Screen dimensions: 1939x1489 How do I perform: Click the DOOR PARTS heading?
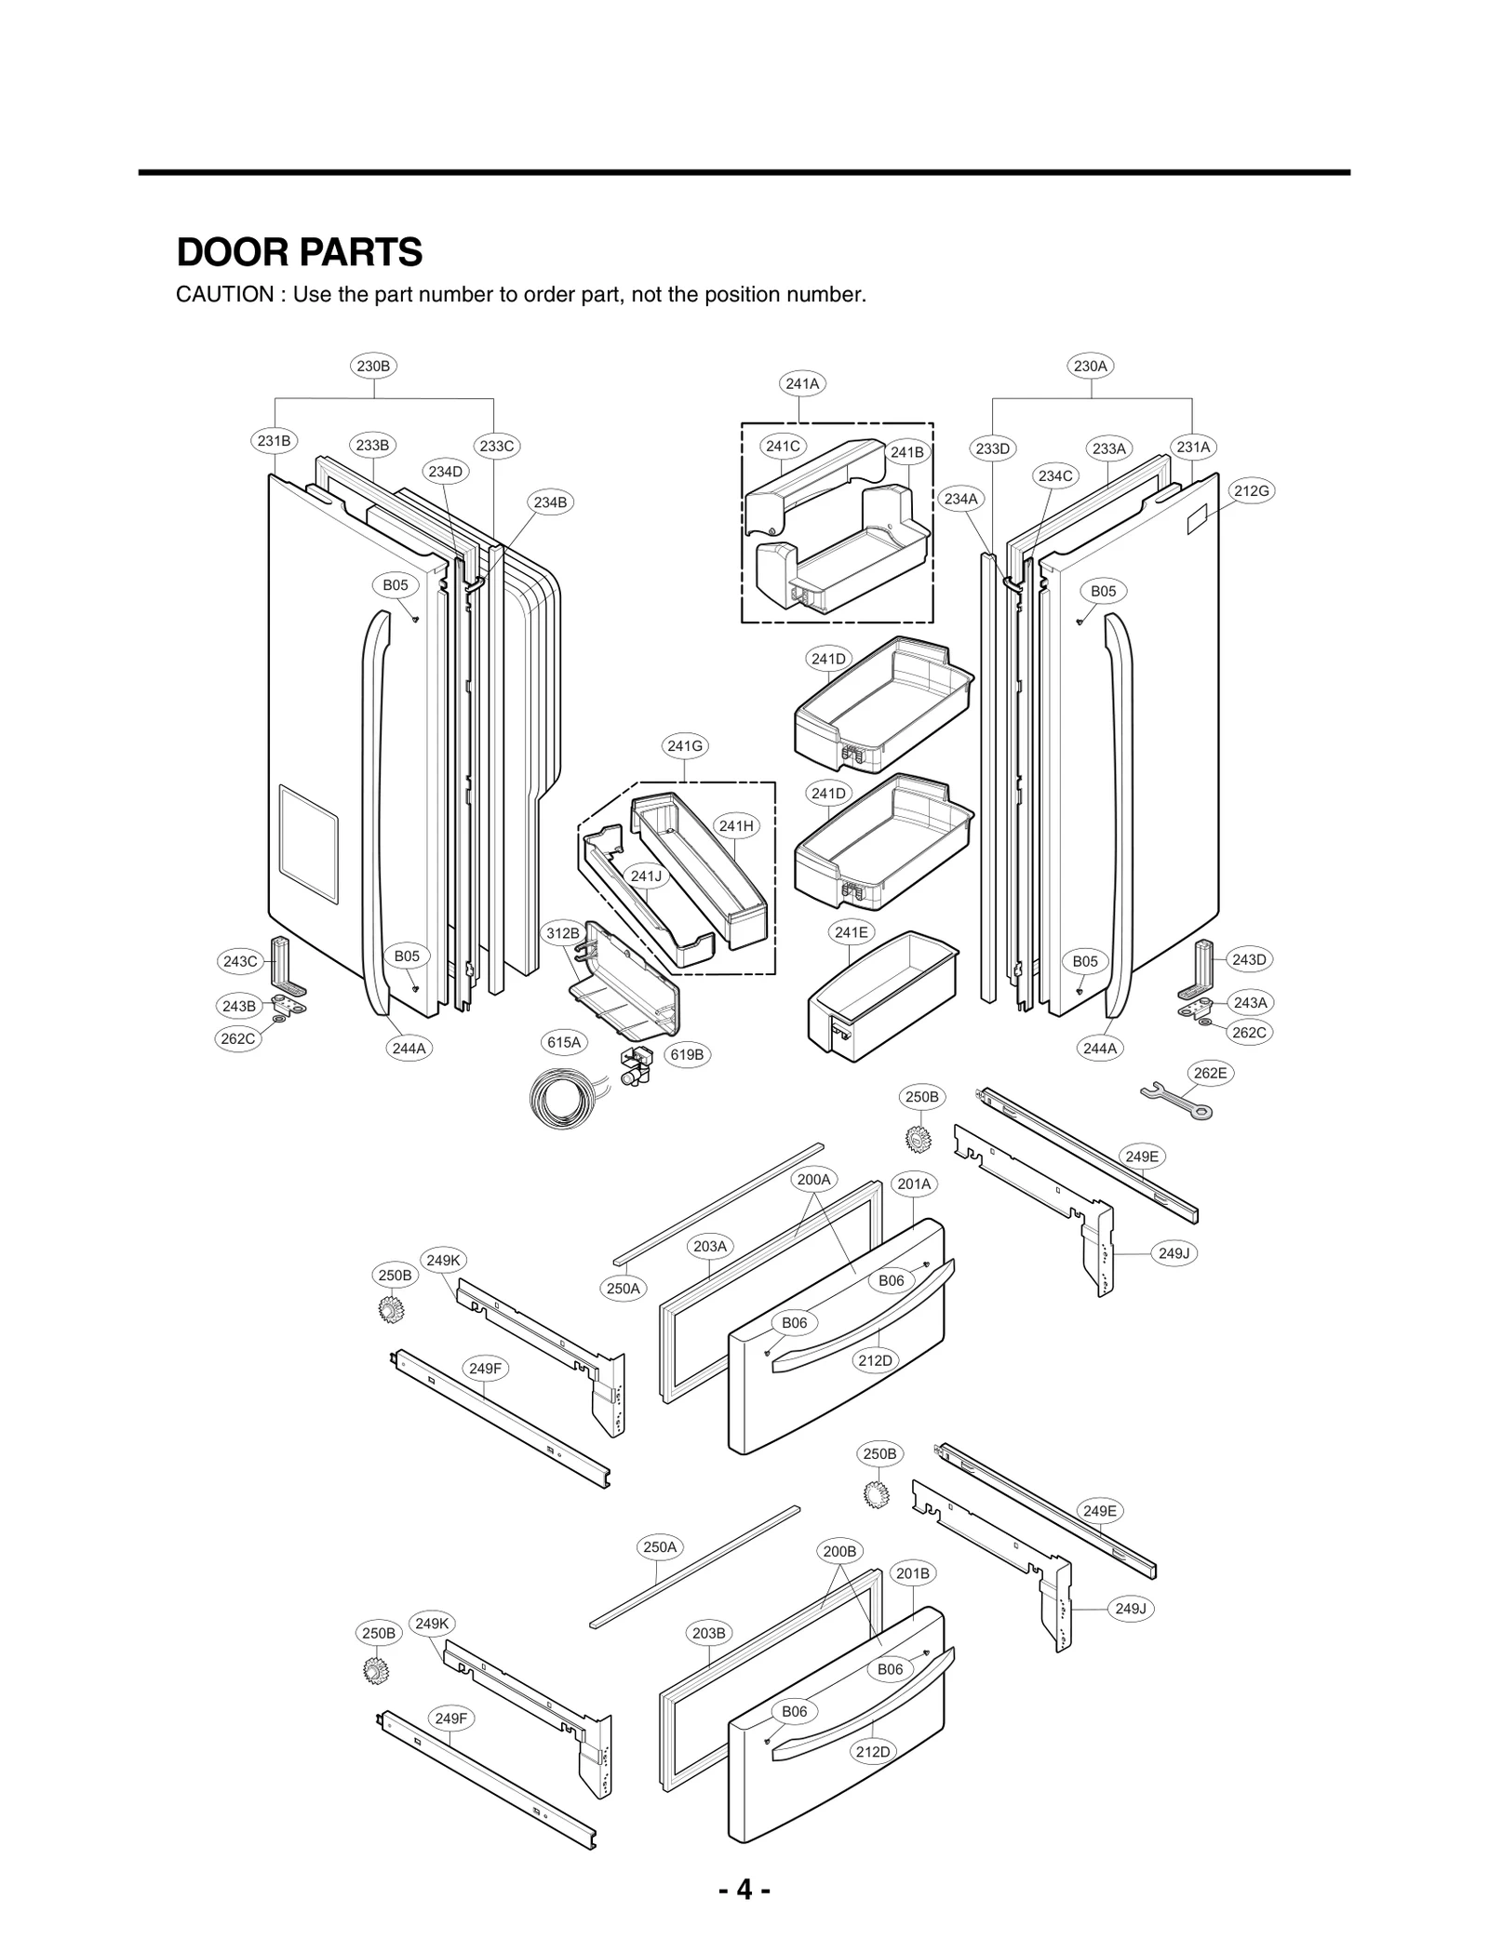pos(299,252)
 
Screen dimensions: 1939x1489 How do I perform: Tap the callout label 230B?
pos(373,366)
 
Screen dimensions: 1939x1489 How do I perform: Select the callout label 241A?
pos(802,383)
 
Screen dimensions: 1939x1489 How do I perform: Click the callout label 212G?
pos(1251,490)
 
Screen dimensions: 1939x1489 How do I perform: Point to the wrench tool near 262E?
pos(1176,1100)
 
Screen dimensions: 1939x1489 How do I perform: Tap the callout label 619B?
pos(687,1054)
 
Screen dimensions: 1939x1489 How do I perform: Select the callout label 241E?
pos(851,931)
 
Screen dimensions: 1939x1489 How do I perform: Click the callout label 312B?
pos(562,932)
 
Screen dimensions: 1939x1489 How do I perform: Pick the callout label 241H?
pos(736,825)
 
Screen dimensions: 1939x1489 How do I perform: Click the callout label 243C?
pos(239,961)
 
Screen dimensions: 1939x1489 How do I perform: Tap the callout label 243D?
pos(1249,958)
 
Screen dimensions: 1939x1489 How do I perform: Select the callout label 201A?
pos(914,1183)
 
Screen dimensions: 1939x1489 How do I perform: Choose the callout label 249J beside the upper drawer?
pos(1174,1253)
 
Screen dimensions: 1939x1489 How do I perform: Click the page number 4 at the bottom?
pos(744,1889)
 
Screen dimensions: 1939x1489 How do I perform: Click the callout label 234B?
pos(549,502)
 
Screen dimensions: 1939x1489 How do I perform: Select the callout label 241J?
pos(646,876)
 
